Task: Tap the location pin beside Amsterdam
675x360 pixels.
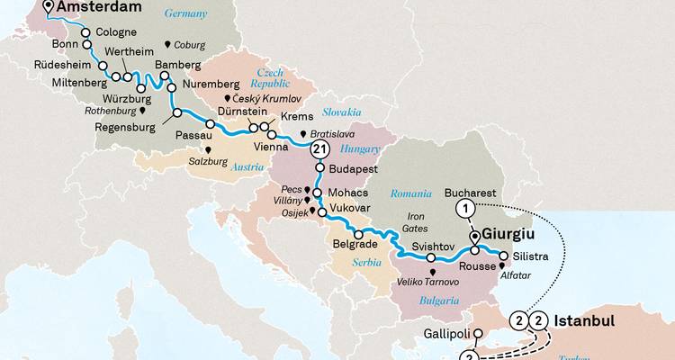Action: pyautogui.click(x=47, y=9)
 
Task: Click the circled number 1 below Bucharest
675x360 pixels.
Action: pyautogui.click(x=465, y=209)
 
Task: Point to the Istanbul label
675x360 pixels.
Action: pyautogui.click(x=583, y=321)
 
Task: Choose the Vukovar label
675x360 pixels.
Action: pyautogui.click(x=352, y=208)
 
